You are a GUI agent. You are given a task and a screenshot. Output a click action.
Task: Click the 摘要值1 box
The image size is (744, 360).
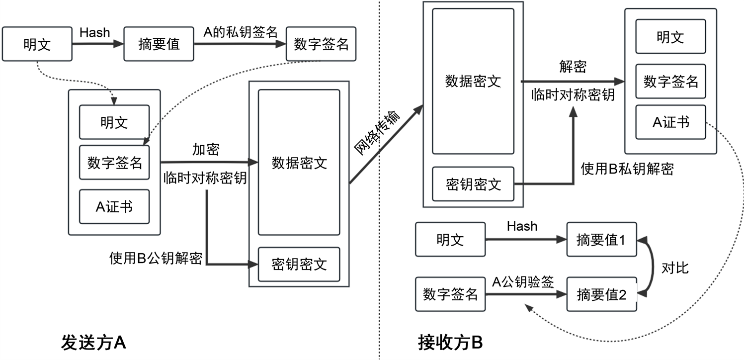(x=601, y=240)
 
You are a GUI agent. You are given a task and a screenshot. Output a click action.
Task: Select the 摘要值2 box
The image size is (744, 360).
(x=601, y=294)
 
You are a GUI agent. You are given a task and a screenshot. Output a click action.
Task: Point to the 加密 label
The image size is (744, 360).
(x=205, y=150)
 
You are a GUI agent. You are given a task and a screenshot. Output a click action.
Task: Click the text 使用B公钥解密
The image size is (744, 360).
(x=156, y=258)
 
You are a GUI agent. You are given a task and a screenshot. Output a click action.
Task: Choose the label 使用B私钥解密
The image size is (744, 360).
(x=627, y=169)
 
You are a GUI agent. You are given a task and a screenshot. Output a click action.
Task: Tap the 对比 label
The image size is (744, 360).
(x=675, y=268)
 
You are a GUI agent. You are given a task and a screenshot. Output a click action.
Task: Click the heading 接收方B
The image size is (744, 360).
(x=450, y=343)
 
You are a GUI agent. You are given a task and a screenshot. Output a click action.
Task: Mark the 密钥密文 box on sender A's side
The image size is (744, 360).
(x=299, y=264)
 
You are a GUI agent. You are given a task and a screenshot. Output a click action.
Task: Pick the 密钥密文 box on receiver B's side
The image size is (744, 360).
(x=473, y=184)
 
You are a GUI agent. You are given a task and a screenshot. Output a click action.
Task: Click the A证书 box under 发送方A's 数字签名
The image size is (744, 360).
(x=114, y=206)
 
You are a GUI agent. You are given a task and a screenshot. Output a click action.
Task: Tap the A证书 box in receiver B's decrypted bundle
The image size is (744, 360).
(x=671, y=122)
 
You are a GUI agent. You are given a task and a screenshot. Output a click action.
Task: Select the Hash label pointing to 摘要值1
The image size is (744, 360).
(x=522, y=226)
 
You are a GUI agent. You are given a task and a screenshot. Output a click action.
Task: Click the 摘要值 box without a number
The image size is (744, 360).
(x=159, y=45)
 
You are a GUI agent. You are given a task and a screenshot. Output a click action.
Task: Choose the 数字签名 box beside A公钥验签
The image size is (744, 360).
(x=450, y=294)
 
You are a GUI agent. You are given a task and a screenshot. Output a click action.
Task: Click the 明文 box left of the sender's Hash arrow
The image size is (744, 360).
(x=37, y=45)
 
